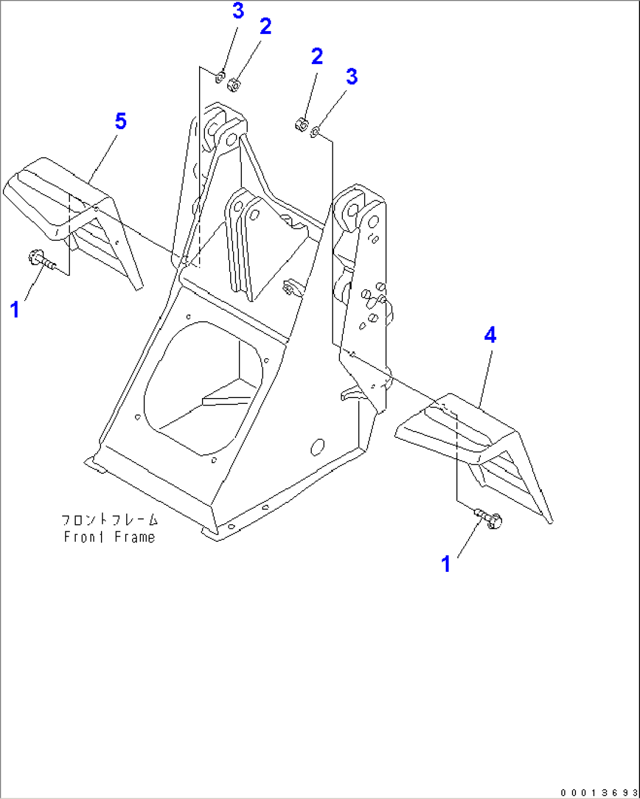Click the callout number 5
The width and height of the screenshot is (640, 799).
120,122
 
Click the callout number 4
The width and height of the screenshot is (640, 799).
490,335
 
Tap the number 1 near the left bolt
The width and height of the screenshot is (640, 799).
15,309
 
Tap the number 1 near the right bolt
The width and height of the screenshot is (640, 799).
446,564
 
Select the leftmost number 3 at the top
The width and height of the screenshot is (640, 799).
238,11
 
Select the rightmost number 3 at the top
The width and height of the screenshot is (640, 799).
351,77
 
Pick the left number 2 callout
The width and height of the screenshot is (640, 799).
265,26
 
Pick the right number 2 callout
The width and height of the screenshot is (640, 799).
317,56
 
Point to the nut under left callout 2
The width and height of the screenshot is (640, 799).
235,85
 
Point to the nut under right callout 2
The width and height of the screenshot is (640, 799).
301,124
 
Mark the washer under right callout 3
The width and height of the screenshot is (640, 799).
315,132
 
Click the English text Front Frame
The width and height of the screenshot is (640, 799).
110,537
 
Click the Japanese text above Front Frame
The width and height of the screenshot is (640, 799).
110,520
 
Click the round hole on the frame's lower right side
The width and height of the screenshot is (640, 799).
318,447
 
